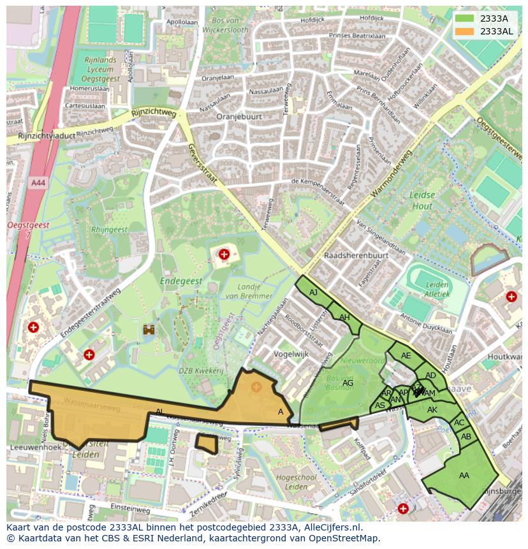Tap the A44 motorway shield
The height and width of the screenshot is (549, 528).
click(38, 182)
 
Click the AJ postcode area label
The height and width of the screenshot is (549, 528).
click(313, 293)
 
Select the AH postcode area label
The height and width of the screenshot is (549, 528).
click(344, 318)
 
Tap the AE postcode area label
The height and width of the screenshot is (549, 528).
click(406, 356)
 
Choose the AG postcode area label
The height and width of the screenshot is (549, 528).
click(348, 383)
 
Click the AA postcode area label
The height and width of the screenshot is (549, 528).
click(464, 475)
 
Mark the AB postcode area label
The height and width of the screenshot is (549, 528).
click(466, 437)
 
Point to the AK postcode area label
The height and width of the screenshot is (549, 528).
click(432, 410)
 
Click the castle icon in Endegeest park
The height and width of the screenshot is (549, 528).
click(150, 329)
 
